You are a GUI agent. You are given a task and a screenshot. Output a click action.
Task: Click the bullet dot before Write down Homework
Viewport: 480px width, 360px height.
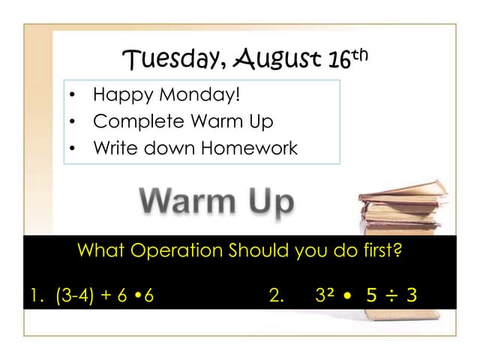[x=72, y=148]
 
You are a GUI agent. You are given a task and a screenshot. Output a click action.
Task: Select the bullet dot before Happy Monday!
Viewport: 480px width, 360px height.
[x=72, y=96]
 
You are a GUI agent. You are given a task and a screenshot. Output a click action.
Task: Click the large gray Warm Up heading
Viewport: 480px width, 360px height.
[x=216, y=201]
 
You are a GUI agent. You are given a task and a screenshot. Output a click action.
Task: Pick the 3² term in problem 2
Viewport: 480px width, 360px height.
[x=325, y=295]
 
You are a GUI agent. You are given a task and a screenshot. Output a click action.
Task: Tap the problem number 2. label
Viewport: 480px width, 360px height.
[x=276, y=295]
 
